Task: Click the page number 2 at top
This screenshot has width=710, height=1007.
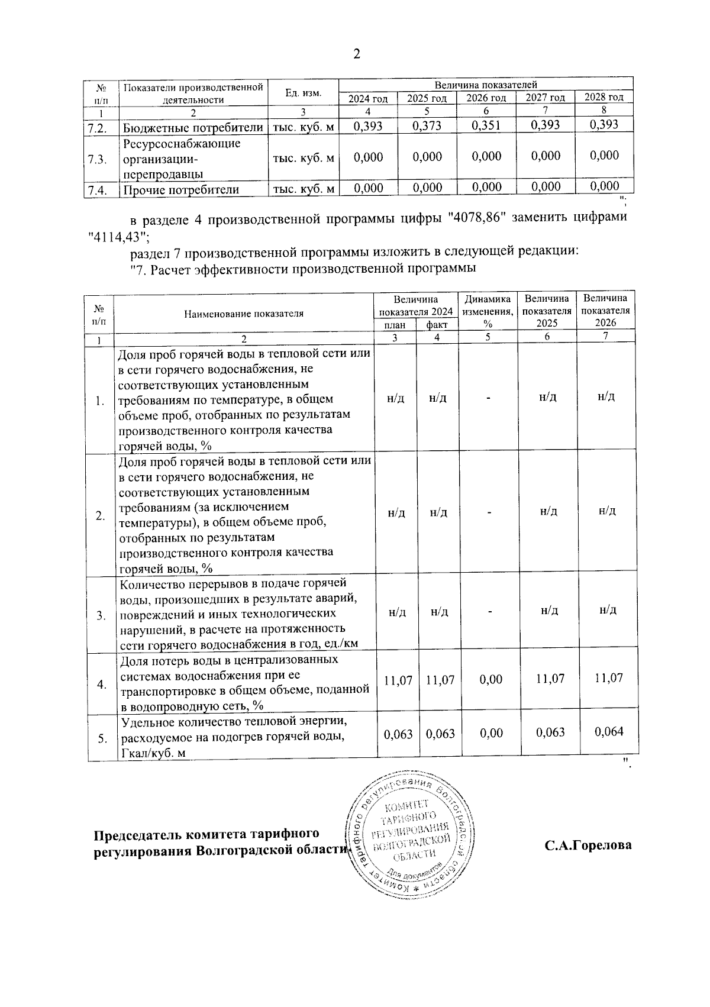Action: click(356, 54)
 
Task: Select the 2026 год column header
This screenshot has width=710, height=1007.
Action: click(486, 98)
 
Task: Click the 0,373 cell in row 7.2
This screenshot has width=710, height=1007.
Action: click(427, 125)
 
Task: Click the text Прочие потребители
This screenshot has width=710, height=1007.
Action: click(180, 190)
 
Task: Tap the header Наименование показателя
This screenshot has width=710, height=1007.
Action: click(243, 314)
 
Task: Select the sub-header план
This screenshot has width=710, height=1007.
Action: click(395, 325)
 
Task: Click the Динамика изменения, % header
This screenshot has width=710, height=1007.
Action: click(488, 311)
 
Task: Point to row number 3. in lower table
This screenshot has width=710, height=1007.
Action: click(101, 615)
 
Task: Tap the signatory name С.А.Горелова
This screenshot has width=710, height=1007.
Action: click(588, 845)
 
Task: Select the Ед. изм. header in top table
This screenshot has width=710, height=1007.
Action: click(303, 93)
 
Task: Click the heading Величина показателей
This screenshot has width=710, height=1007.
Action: click(486, 85)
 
